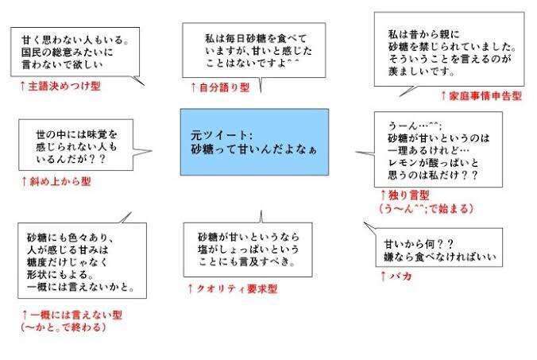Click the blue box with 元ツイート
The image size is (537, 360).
(254, 142)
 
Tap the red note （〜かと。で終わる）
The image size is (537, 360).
(64, 327)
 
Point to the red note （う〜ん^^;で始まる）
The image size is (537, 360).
(427, 208)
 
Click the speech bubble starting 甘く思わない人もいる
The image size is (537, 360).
(75, 52)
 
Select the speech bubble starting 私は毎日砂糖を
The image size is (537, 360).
(253, 50)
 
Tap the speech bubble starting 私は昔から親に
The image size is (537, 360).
(449, 49)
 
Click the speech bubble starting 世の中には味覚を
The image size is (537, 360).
(76, 145)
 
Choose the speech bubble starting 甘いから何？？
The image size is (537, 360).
(439, 247)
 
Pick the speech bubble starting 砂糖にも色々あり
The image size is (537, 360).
(82, 261)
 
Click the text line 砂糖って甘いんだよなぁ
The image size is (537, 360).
(253, 149)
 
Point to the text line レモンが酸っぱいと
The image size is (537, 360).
(433, 163)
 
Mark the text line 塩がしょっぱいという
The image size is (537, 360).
(249, 250)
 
